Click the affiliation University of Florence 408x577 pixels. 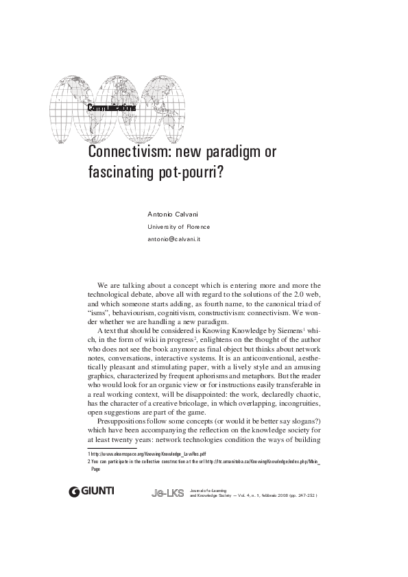[x=179, y=227]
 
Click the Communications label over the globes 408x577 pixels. [x=111, y=108]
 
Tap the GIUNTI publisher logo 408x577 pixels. [x=92, y=491]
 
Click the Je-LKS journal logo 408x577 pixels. [x=167, y=493]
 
